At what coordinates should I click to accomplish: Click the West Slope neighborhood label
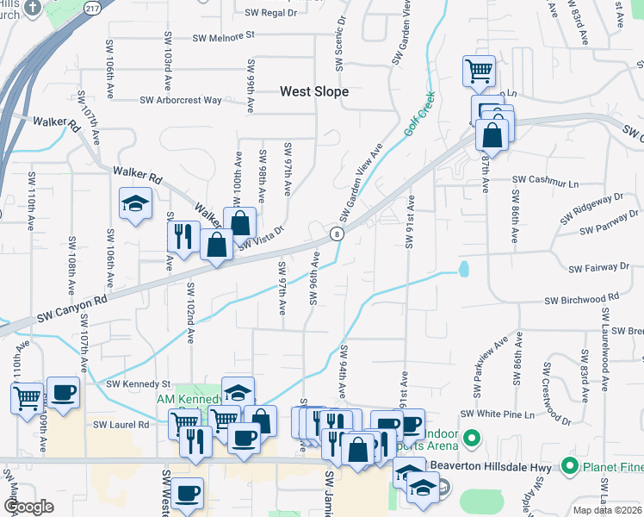pyautogui.click(x=314, y=91)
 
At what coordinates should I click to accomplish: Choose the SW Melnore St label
pyautogui.click(x=225, y=37)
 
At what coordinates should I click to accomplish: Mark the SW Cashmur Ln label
pyautogui.click(x=546, y=181)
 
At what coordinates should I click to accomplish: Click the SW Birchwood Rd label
pyautogui.click(x=581, y=299)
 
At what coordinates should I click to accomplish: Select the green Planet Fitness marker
pyautogui.click(x=568, y=467)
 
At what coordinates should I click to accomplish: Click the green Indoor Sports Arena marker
pyautogui.click(x=470, y=439)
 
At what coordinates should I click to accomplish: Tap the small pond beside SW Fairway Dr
pyautogui.click(x=465, y=270)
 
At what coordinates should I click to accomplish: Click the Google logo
pyautogui.click(x=28, y=507)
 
